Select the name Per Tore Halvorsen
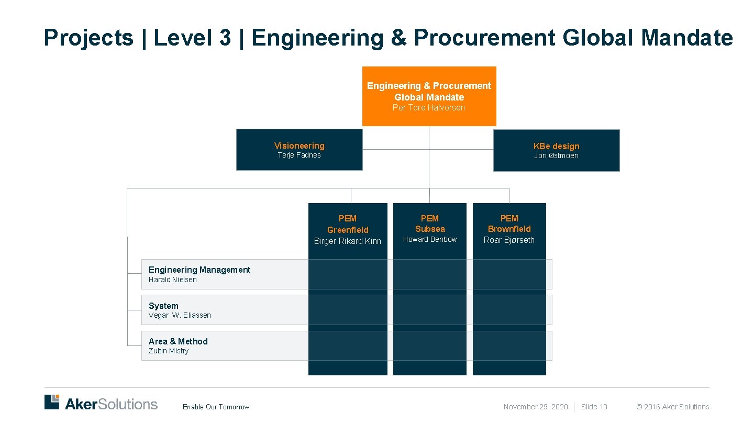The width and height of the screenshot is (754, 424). point(429,108)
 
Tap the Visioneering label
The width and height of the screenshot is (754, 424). point(299,146)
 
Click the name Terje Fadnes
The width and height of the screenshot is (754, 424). point(299,155)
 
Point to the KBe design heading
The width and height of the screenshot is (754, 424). point(556,146)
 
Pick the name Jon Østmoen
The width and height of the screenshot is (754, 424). point(556,156)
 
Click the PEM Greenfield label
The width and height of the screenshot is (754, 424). point(348,224)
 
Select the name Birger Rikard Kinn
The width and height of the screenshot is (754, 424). point(348,241)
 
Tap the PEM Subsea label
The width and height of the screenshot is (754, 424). point(430,224)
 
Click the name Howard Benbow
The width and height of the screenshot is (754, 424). point(430,239)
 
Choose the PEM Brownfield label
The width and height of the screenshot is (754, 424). point(509,224)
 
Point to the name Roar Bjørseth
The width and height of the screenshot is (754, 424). point(509,240)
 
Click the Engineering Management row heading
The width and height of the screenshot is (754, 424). point(199,270)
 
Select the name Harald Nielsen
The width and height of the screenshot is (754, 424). point(173,280)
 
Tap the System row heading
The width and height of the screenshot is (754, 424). point(163,306)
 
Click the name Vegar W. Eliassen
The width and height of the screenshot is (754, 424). point(180,315)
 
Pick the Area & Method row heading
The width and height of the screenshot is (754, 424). point(178,341)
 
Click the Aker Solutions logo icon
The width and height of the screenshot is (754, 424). point(52,402)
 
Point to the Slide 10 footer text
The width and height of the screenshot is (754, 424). point(594,407)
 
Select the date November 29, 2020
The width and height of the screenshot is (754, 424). point(535,407)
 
